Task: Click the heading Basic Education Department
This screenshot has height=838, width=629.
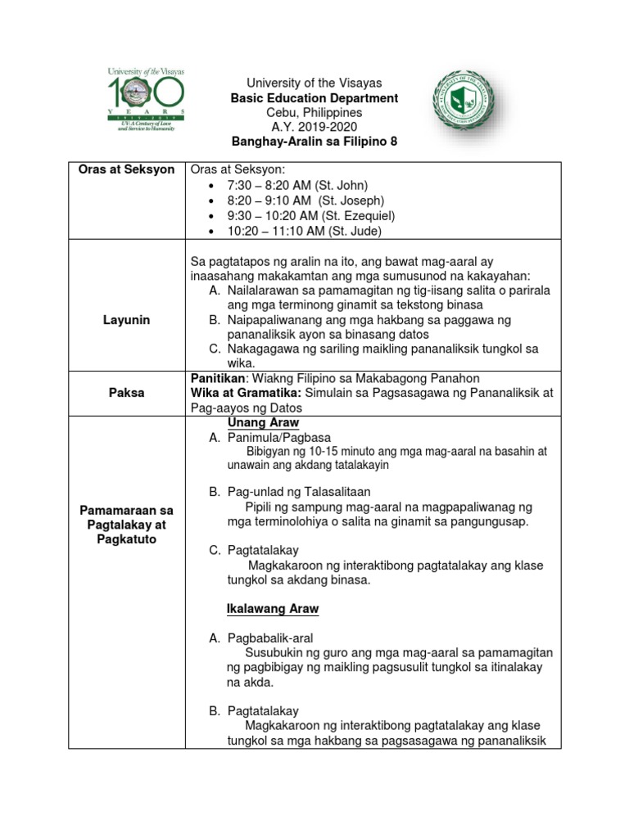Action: coord(314,98)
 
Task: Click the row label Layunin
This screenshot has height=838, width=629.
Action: coord(126,320)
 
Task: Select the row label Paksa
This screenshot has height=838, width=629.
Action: coord(126,392)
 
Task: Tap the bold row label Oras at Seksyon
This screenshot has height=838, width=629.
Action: coord(126,169)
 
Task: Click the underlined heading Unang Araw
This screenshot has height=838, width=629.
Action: coord(262,423)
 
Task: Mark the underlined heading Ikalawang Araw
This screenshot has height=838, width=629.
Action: coord(272,610)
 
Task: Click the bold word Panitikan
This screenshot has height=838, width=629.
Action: coord(219,377)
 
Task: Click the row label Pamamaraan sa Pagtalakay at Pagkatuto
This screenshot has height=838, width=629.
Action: coord(126,525)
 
